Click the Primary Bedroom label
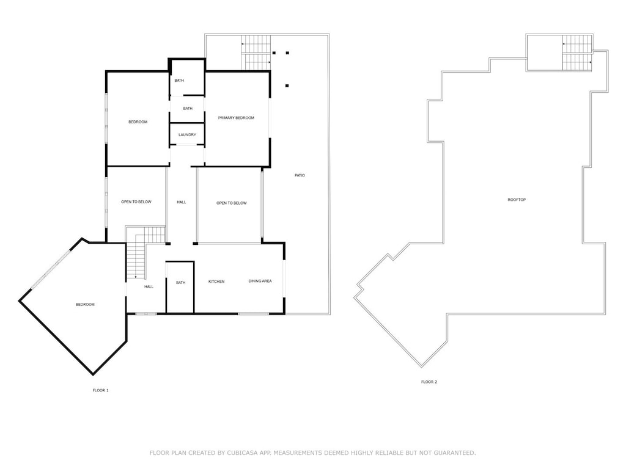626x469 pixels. point(236,118)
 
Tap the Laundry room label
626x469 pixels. point(187,135)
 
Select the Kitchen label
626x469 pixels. point(216,282)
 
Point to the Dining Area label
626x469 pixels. point(260,281)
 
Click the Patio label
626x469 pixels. point(300,175)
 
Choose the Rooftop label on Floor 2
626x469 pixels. point(517,200)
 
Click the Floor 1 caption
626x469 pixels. point(101,390)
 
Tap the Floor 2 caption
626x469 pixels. point(429,382)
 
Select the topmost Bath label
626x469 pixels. point(179,81)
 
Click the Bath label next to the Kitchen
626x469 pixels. point(181,283)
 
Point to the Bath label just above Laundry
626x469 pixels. point(188,109)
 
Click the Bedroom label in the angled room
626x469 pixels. point(86,305)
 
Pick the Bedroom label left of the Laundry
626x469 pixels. point(138,122)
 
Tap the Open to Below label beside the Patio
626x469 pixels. point(232,203)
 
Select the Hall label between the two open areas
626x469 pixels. point(181,202)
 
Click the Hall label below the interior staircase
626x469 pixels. point(149,287)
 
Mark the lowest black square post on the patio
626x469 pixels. point(287,85)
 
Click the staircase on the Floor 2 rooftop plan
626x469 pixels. point(577,53)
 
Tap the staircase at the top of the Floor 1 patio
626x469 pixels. point(256,53)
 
